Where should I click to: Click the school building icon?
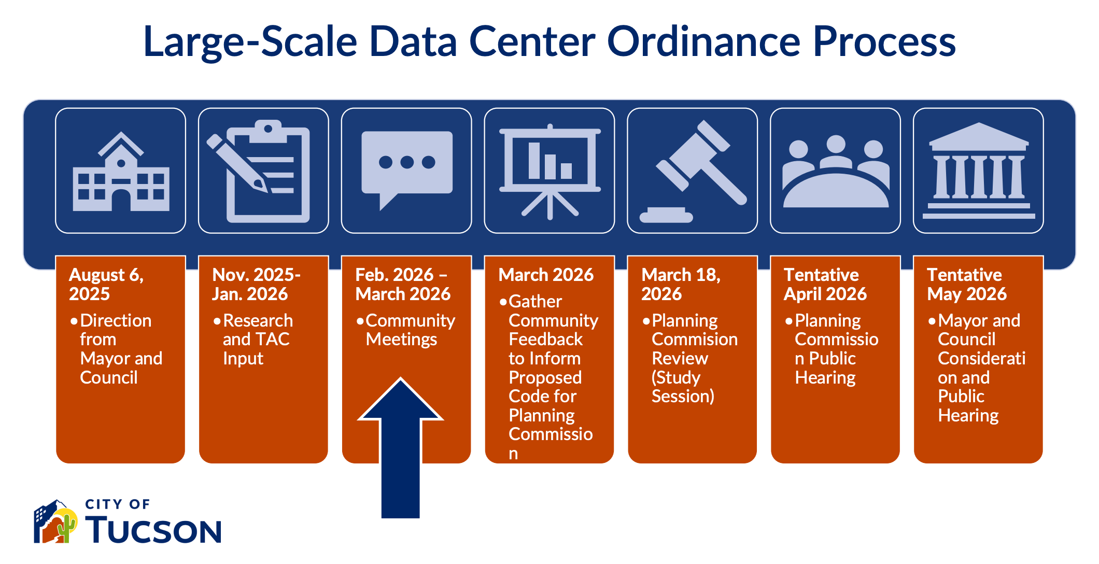(121, 172)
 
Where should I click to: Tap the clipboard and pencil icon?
(259, 172)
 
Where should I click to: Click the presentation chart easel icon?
(550, 172)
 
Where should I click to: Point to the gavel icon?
(693, 172)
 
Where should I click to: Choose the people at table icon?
(836, 172)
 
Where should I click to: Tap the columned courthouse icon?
(979, 171)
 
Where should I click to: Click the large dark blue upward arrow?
(400, 448)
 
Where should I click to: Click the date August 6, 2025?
(106, 284)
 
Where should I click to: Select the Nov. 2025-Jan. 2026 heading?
(256, 284)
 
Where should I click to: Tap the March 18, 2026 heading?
(681, 284)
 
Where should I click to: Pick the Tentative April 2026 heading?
(825, 284)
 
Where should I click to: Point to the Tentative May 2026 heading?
(967, 284)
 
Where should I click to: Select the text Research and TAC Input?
(258, 340)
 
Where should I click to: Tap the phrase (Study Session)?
(683, 387)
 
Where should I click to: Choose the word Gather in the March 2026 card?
(535, 302)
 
